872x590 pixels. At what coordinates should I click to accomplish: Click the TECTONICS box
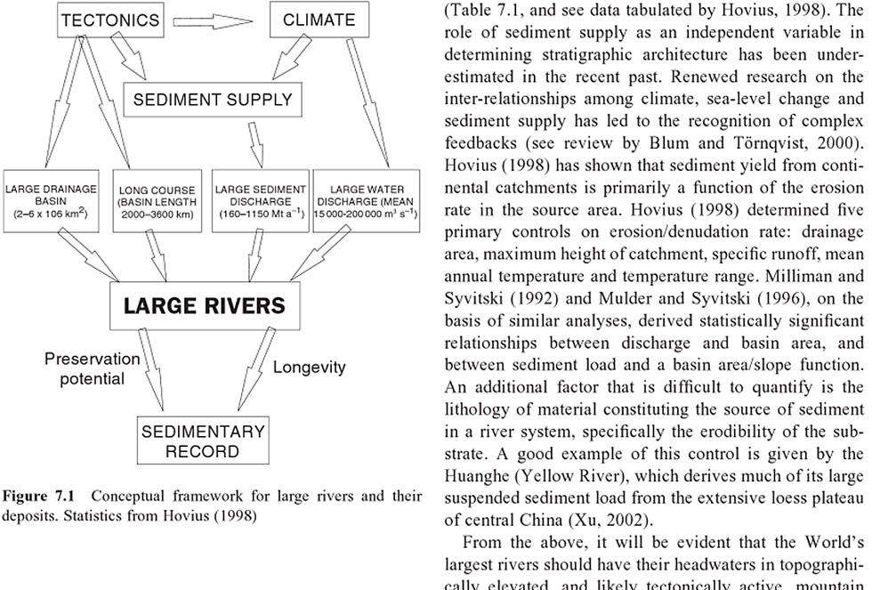[110, 20]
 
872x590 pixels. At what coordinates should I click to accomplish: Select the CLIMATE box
[319, 20]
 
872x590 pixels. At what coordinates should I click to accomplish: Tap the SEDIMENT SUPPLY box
[213, 100]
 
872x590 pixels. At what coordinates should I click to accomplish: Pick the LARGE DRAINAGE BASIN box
[51, 203]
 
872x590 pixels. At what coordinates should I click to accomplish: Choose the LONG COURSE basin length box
[158, 203]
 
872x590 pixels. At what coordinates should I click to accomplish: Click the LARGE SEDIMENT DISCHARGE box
[261, 203]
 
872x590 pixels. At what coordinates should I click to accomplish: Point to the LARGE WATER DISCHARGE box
[367, 203]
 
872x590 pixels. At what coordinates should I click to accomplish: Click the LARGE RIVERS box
[205, 307]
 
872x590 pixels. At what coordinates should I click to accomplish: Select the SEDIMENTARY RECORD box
[203, 441]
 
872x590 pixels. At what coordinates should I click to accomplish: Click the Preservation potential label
[93, 369]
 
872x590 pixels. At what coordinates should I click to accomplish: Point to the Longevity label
[309, 368]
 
